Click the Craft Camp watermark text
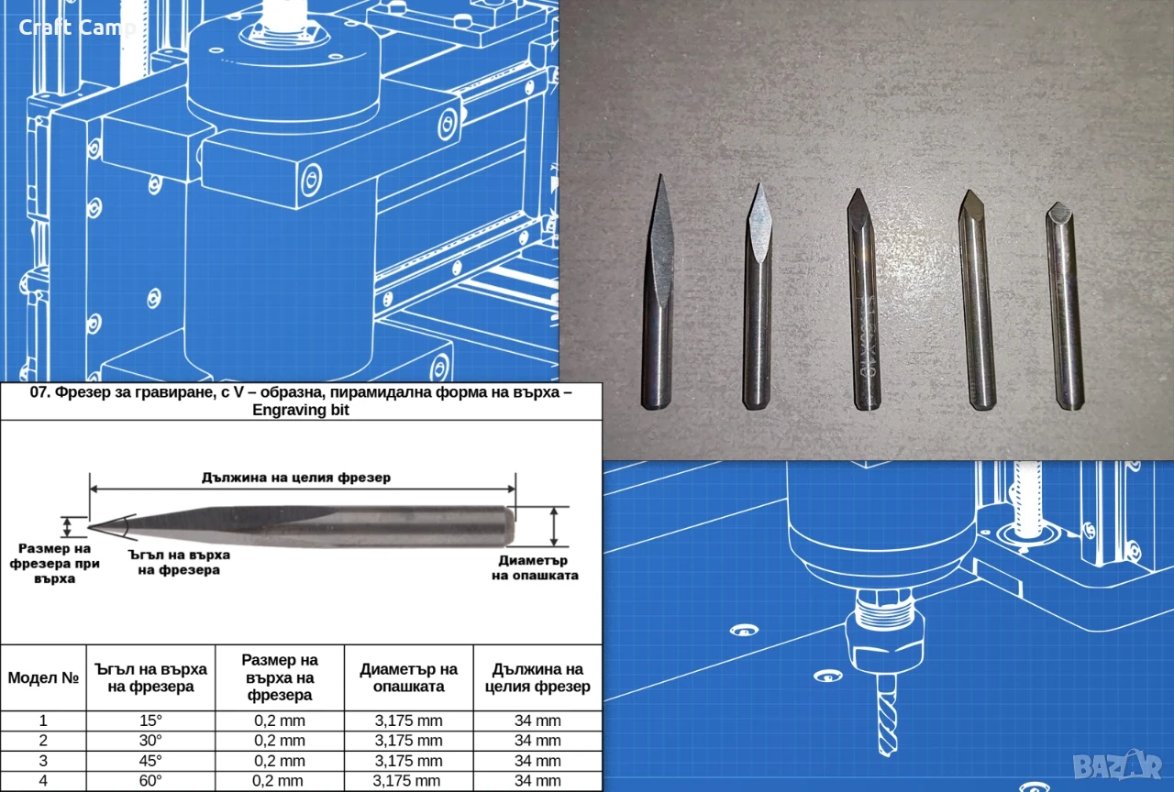coord(77,27)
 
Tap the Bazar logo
coord(1117,766)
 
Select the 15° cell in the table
coord(150,720)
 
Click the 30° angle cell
coord(150,741)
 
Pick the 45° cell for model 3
coord(150,761)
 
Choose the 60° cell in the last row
coord(150,780)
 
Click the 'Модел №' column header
coord(43,677)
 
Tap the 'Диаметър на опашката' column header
coord(409,677)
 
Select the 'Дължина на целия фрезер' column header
coord(537,677)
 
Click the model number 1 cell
coord(43,720)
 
